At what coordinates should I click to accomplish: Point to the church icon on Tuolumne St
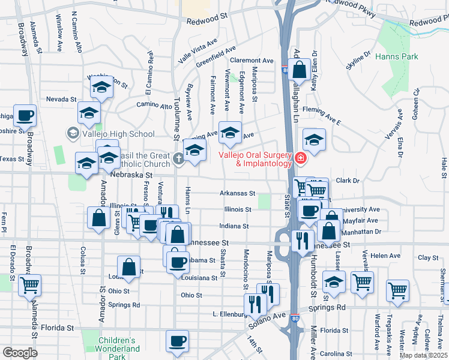(179, 159)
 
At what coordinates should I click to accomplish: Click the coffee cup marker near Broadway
(25, 116)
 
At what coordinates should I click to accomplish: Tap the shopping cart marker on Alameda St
(29, 286)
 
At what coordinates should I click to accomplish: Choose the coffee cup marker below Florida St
(177, 341)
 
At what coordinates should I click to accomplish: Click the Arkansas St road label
(238, 194)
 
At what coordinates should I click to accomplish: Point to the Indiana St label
(234, 226)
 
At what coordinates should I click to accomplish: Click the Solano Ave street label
(272, 319)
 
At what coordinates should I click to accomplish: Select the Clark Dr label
(348, 180)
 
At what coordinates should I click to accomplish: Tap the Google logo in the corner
(20, 352)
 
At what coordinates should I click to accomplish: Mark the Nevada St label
(62, 99)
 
